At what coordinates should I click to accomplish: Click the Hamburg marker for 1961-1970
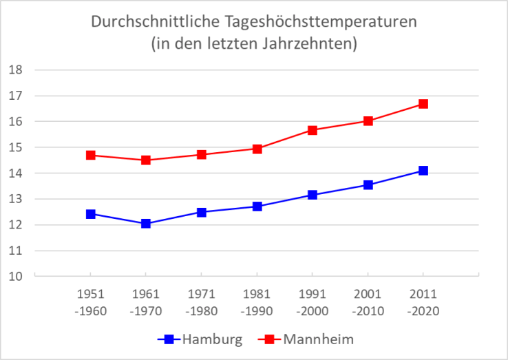pyautogui.click(x=146, y=224)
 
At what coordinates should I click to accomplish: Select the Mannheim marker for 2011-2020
pyautogui.click(x=423, y=104)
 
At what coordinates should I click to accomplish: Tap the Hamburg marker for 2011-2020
pyautogui.click(x=423, y=171)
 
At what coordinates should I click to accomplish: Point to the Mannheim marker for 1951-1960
pyautogui.click(x=90, y=156)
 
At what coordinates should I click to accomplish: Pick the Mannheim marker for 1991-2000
pyautogui.click(x=313, y=130)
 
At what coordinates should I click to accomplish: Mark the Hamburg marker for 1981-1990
pyautogui.click(x=257, y=207)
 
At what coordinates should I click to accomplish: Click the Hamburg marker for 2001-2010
pyautogui.click(x=368, y=185)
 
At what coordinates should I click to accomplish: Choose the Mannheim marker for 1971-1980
pyautogui.click(x=202, y=155)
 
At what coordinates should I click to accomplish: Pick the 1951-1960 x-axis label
pyautogui.click(x=90, y=303)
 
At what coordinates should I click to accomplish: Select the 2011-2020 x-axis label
pyautogui.click(x=423, y=303)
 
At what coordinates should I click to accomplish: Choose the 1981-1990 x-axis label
pyautogui.click(x=257, y=303)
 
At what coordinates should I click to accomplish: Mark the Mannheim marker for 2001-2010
pyautogui.click(x=368, y=121)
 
